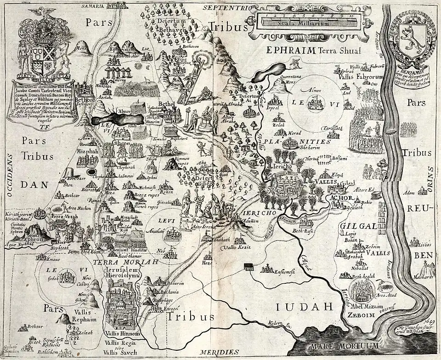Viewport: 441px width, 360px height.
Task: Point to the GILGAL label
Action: [359, 226]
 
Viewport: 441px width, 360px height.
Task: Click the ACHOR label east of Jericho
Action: [340, 198]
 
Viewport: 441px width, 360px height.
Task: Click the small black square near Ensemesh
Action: [249, 266]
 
